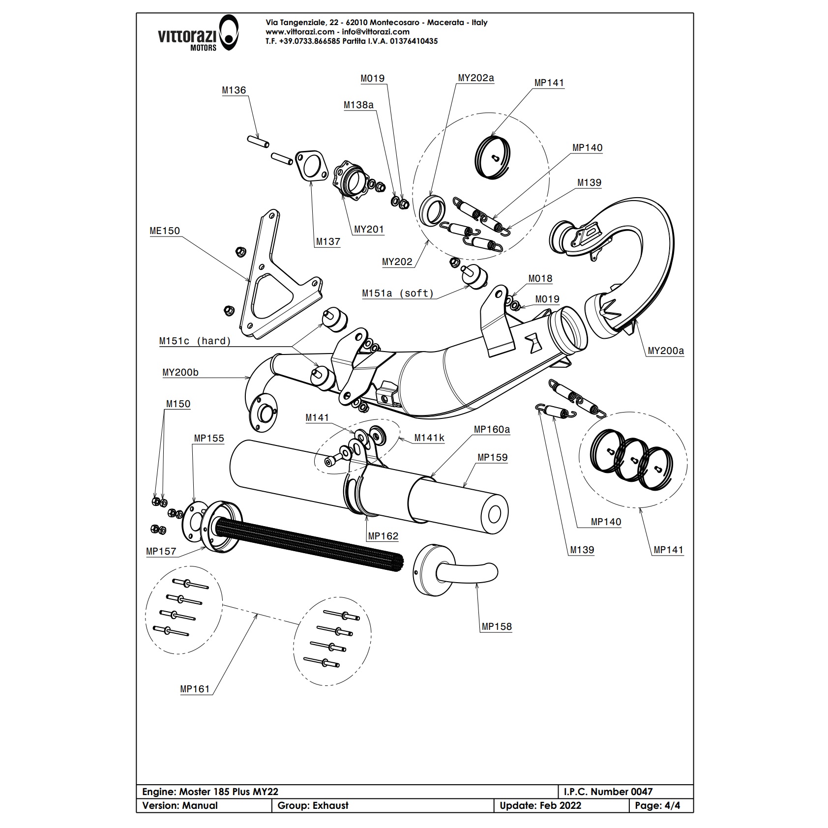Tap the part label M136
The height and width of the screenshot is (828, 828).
(234, 90)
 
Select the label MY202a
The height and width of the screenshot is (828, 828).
(475, 78)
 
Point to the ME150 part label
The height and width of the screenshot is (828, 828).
(165, 231)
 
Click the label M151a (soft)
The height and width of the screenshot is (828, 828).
(398, 294)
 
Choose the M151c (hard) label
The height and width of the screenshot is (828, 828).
(195, 341)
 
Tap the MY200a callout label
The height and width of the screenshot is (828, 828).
(665, 351)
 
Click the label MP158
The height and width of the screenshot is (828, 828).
(497, 627)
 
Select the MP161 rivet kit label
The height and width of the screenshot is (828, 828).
(195, 689)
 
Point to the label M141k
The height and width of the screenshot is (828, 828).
(429, 438)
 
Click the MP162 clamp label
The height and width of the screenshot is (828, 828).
(383, 536)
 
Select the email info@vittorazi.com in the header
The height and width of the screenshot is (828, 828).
(376, 32)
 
